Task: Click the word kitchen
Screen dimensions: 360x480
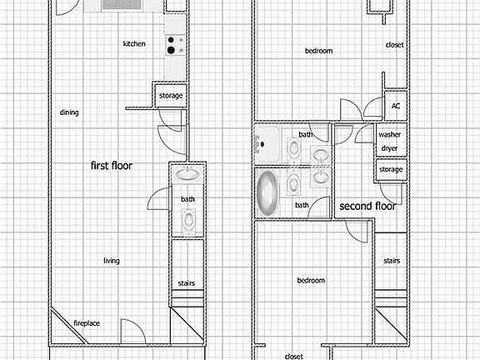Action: pyautogui.click(x=134, y=44)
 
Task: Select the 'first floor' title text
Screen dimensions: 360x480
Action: pyautogui.click(x=112, y=166)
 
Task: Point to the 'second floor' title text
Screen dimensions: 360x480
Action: pyautogui.click(x=367, y=206)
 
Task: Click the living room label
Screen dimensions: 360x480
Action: pyautogui.click(x=111, y=261)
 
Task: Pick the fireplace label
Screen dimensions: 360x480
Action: pyautogui.click(x=87, y=323)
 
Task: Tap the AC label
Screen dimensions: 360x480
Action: pyautogui.click(x=396, y=106)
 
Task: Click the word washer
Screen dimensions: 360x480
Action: pyautogui.click(x=389, y=134)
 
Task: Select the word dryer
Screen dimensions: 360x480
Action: pyautogui.click(x=389, y=148)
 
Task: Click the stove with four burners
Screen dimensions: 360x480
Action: pyautogui.click(x=174, y=45)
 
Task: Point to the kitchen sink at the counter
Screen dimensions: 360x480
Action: pyautogui.click(x=122, y=5)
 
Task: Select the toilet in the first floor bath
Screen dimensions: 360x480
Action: pyautogui.click(x=189, y=221)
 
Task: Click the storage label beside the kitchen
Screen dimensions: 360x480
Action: pyautogui.click(x=170, y=96)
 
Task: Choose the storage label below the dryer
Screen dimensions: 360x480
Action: pyautogui.click(x=390, y=170)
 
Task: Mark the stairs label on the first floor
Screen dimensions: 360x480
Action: pyautogui.click(x=187, y=283)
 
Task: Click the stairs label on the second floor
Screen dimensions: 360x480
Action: pyautogui.click(x=391, y=261)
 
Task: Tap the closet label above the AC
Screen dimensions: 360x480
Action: pyautogui.click(x=395, y=45)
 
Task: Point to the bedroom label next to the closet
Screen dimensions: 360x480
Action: pyautogui.click(x=318, y=51)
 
